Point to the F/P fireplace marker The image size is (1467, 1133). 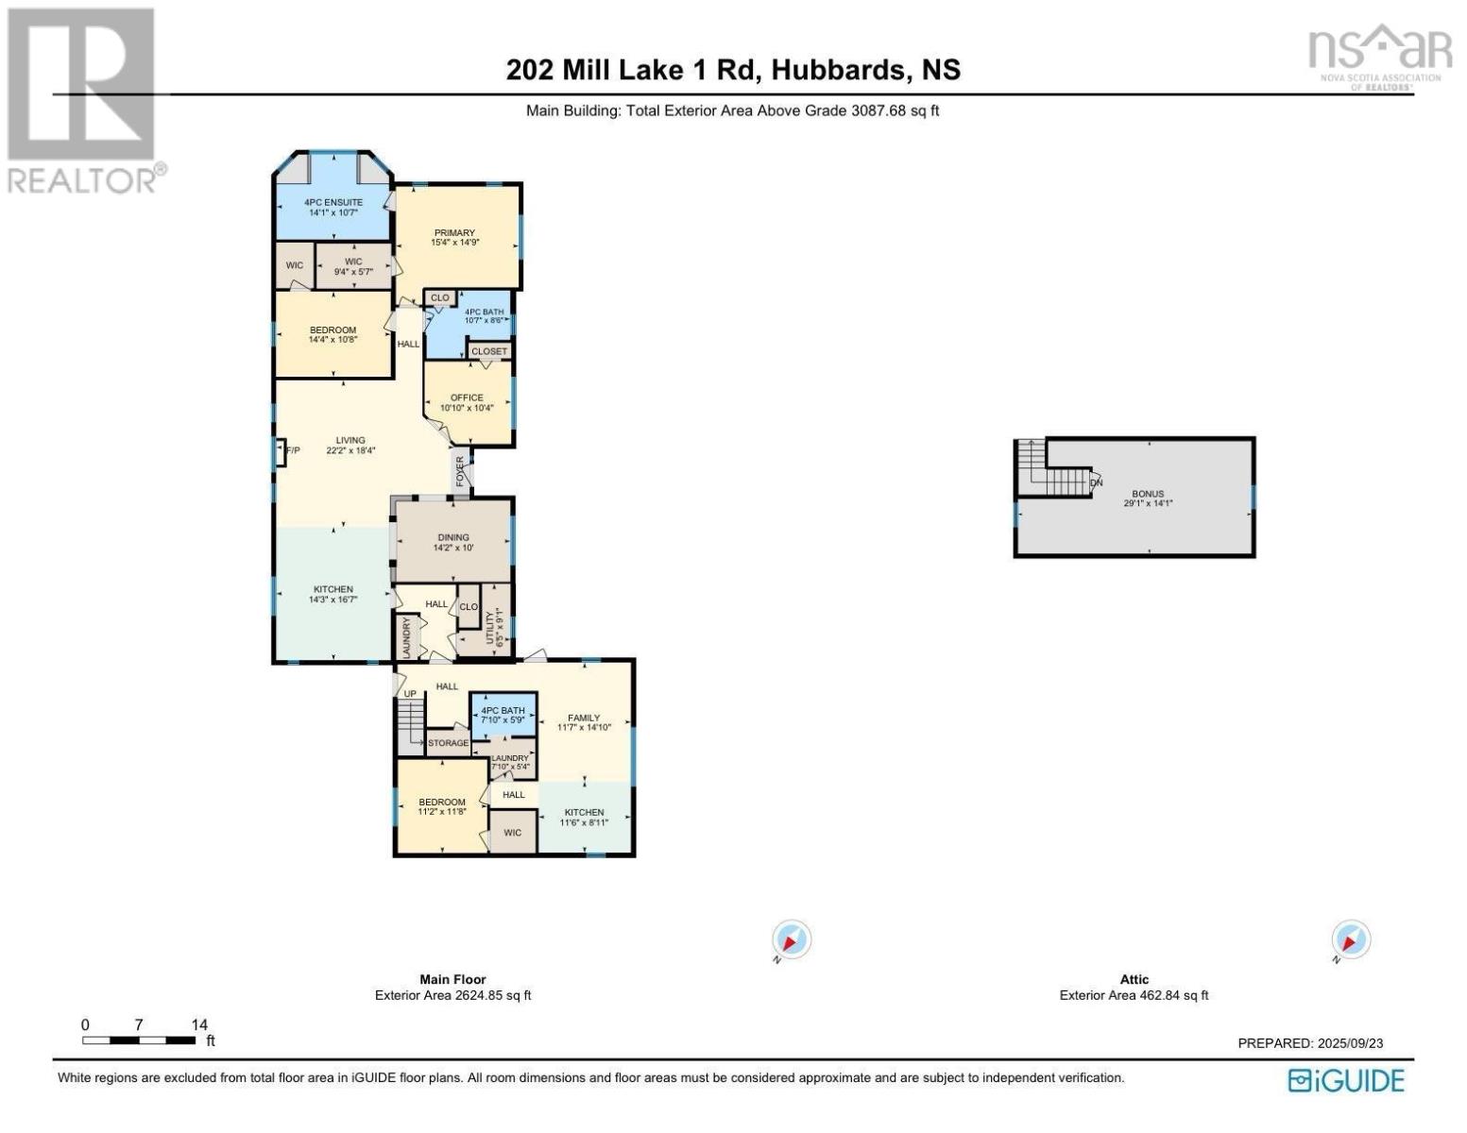tap(293, 450)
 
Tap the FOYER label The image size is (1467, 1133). tap(460, 471)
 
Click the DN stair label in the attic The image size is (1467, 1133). tap(1097, 482)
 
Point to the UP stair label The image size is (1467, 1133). tap(410, 694)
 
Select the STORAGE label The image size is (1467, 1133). tap(449, 743)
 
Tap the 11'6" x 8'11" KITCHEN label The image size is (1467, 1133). tap(584, 818)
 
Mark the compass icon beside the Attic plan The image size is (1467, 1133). tap(1350, 939)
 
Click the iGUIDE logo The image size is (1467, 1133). tap(1346, 1080)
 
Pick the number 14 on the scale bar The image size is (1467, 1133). tap(199, 1024)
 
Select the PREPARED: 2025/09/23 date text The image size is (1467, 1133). tap(1310, 1043)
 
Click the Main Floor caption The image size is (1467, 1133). tap(453, 979)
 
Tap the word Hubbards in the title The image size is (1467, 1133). tap(837, 70)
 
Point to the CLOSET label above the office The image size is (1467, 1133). tap(488, 351)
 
